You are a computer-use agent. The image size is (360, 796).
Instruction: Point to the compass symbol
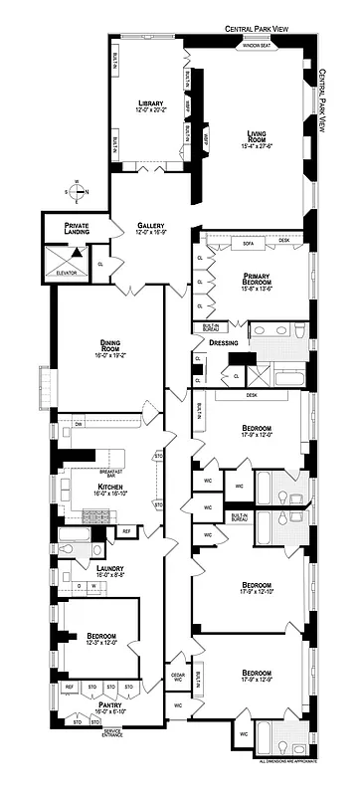[77, 190]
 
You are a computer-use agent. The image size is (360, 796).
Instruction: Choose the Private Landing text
[77, 229]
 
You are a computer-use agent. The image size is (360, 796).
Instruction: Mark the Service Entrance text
[119, 733]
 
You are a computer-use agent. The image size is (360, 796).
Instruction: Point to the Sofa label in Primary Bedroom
[249, 242]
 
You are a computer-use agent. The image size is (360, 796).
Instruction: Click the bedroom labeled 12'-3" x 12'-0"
[101, 639]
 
